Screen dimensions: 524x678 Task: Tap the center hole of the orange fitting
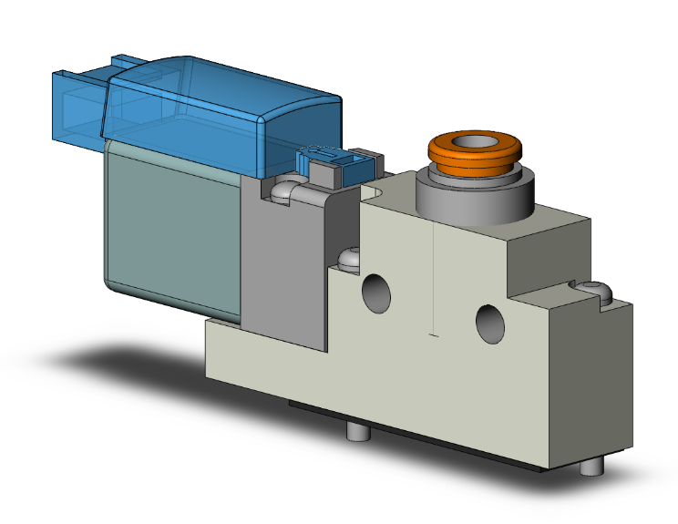[x=471, y=145]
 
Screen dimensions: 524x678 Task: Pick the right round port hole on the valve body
[x=490, y=321]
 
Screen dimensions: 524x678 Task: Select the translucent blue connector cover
[x=219, y=109]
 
